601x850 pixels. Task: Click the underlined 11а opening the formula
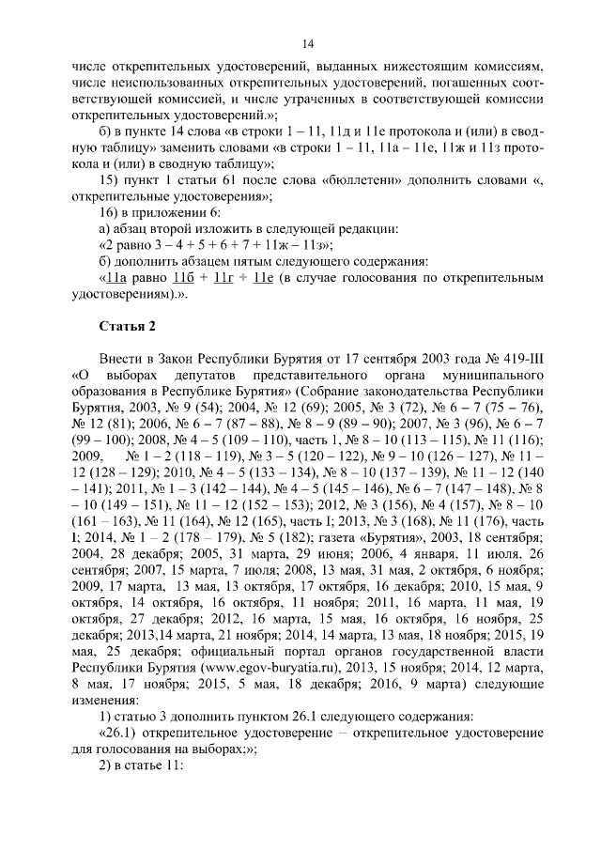click(116, 278)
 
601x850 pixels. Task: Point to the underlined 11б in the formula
click(186, 278)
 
